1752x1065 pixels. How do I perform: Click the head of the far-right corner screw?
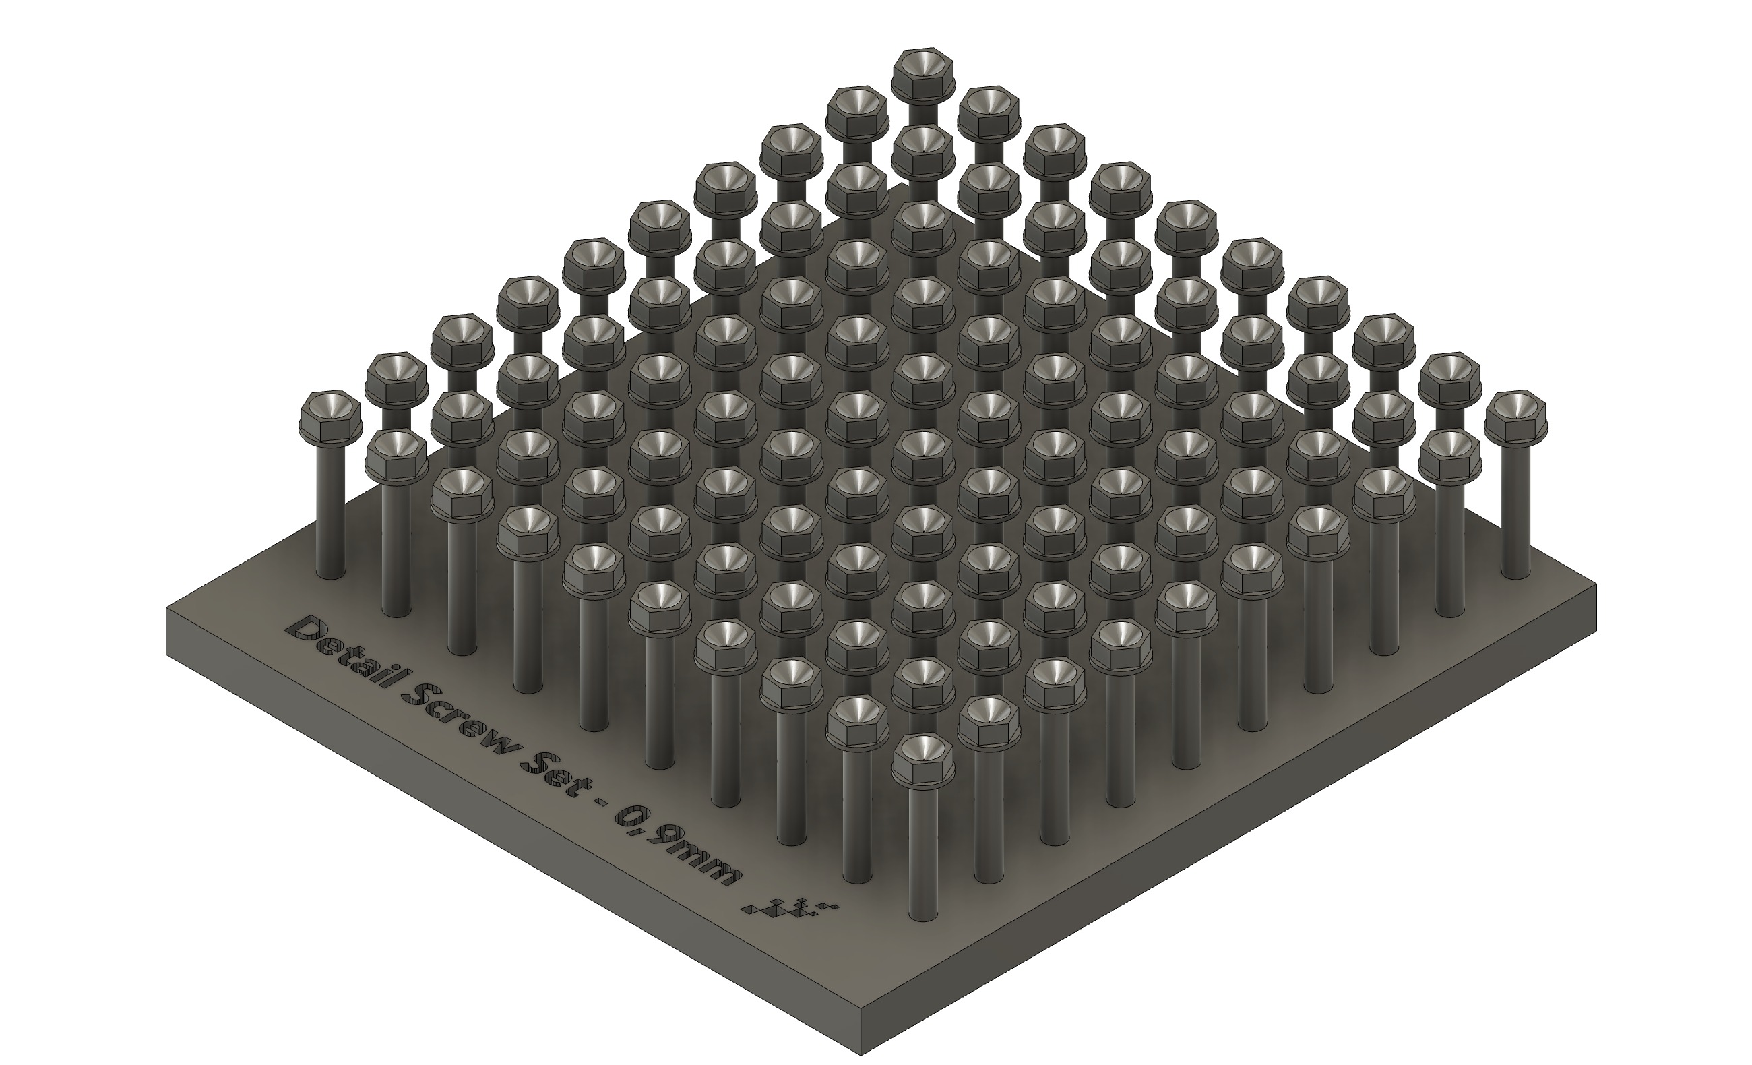pyautogui.click(x=1515, y=415)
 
